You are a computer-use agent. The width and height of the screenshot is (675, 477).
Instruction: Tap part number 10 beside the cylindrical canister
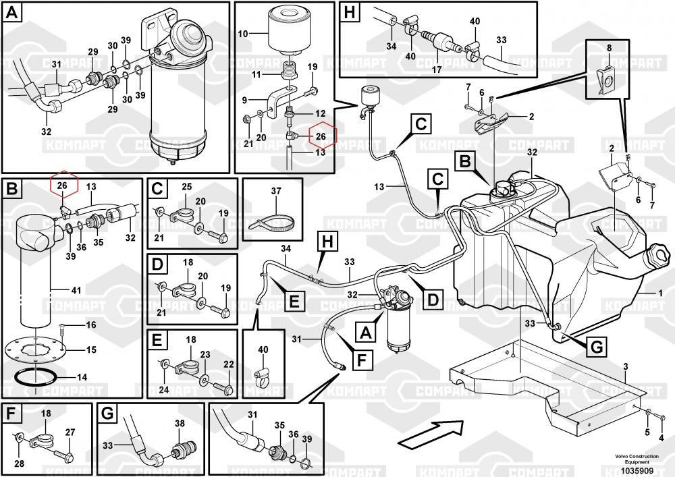(x=243, y=32)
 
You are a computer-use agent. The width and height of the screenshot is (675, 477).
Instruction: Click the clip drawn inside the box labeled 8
(x=608, y=80)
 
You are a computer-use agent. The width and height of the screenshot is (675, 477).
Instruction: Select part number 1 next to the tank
(x=660, y=293)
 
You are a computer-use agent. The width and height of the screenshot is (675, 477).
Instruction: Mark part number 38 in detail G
(x=180, y=423)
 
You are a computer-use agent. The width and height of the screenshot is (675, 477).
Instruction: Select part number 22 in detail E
(x=228, y=364)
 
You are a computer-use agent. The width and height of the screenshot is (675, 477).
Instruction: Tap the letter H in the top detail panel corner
(x=349, y=12)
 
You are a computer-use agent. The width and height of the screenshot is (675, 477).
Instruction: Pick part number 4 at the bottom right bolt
(x=661, y=437)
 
